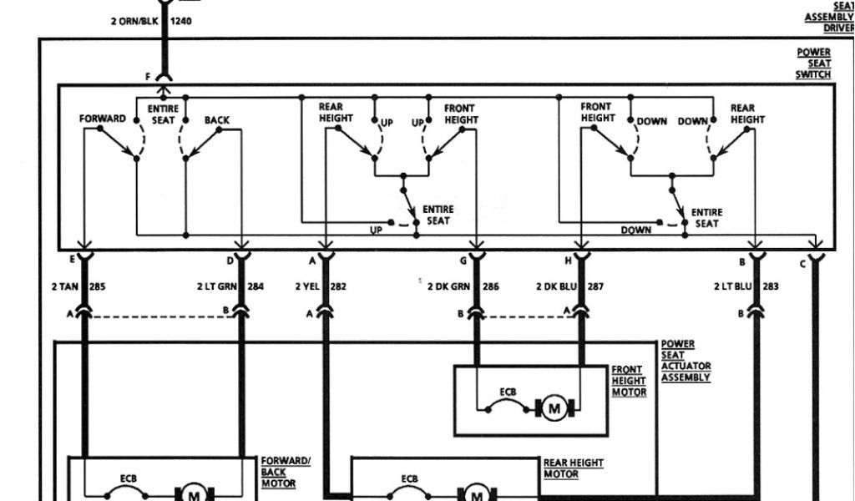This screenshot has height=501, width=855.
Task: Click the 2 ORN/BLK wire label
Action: (x=134, y=21)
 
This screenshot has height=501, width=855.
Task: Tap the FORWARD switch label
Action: (x=103, y=119)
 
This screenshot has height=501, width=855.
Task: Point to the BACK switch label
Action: (x=217, y=120)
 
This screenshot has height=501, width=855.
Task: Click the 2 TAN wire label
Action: (x=63, y=286)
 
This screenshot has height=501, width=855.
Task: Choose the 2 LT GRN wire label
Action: (x=216, y=286)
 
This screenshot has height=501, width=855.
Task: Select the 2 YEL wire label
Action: (x=308, y=286)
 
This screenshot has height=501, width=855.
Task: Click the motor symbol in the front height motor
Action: (x=554, y=408)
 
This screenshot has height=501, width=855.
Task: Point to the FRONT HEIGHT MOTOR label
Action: (x=629, y=381)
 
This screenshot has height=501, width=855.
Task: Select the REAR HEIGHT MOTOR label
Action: (x=573, y=468)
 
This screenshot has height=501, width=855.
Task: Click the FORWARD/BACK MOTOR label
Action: (x=285, y=472)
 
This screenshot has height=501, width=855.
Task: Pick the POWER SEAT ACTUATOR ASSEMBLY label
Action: (x=686, y=361)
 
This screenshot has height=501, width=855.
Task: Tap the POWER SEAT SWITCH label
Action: (x=813, y=63)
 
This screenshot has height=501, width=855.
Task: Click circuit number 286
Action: (x=490, y=286)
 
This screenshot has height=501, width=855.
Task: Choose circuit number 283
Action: (x=770, y=286)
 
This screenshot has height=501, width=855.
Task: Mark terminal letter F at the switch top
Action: (x=148, y=77)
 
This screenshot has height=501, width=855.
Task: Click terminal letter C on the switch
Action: (x=802, y=265)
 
